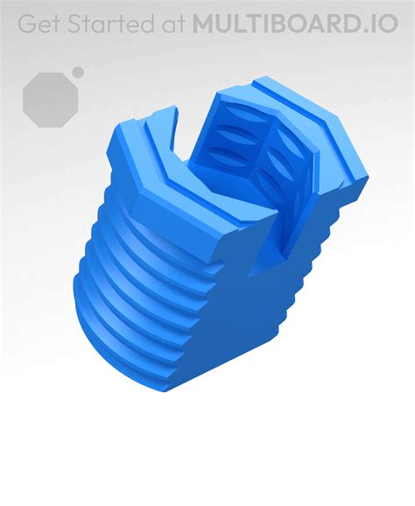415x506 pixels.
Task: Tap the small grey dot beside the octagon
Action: click(78, 72)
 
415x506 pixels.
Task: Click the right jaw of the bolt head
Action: click(315, 149)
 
